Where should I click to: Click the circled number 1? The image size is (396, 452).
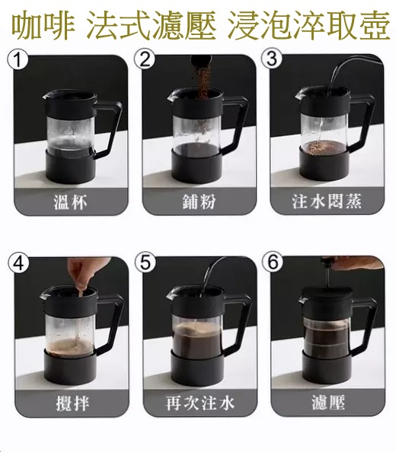click(x=18, y=60)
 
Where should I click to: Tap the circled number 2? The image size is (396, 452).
click(x=145, y=59)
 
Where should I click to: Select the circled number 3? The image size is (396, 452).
click(x=272, y=59)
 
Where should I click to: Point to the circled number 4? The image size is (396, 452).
click(x=19, y=263)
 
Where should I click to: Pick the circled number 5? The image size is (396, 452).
click(x=145, y=262)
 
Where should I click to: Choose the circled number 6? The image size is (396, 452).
click(x=273, y=262)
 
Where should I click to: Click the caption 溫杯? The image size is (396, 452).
click(x=70, y=202)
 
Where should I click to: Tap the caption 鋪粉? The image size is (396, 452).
click(x=199, y=201)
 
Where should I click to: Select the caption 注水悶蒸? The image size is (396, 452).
click(x=327, y=201)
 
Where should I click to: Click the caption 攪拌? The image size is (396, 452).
click(x=72, y=403)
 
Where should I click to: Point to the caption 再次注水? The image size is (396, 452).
click(x=200, y=403)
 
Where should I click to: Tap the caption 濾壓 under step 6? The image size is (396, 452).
click(x=328, y=402)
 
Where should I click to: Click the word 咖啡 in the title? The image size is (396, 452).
click(x=43, y=25)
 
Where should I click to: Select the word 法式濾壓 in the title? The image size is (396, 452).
click(x=151, y=25)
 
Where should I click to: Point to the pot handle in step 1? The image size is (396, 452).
click(x=110, y=129)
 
